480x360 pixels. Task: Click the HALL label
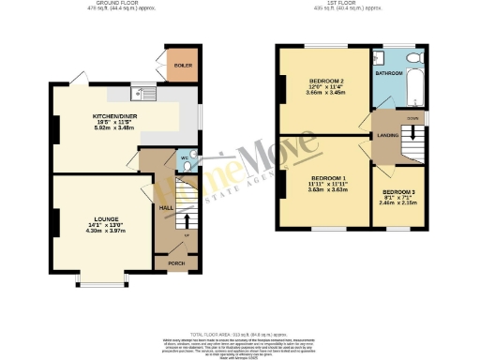click(165, 207)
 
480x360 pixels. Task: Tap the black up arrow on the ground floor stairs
click(186, 221)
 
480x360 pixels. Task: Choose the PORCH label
click(175, 263)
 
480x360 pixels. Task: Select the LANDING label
click(385, 134)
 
